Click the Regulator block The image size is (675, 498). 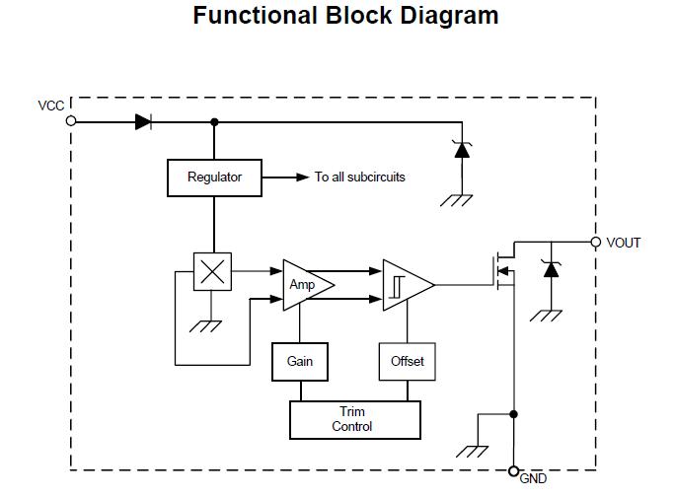(214, 178)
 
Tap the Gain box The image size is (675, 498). (300, 362)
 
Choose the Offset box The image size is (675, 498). (407, 362)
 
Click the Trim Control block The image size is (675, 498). (354, 420)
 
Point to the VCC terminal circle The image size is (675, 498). (71, 121)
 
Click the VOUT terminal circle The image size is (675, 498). (595, 242)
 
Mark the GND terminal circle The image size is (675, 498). (513, 471)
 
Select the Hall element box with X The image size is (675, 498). (212, 272)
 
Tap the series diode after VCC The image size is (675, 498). (143, 121)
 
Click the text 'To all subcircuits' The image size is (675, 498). (360, 178)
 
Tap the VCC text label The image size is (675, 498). (51, 106)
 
